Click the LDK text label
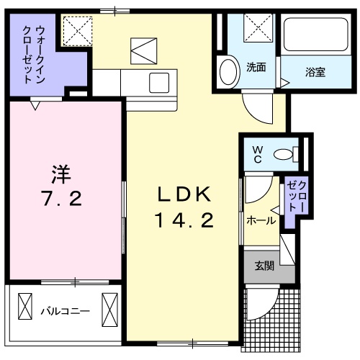[183, 194]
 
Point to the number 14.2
[183, 221]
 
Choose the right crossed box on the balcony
[110, 306]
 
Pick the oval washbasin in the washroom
[229, 72]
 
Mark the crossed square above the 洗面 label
[256, 29]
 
